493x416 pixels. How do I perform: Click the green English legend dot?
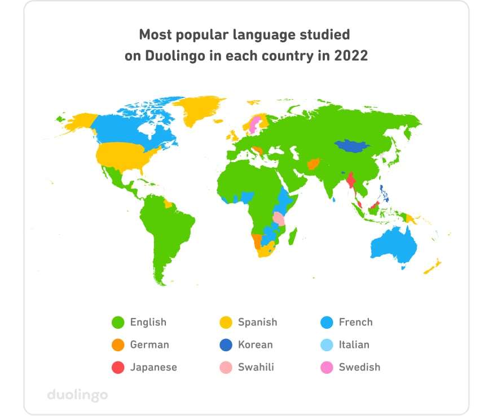coord(117,323)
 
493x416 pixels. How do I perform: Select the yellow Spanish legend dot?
coord(225,323)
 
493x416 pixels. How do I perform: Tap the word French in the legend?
coord(355,323)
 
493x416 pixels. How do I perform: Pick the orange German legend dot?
coord(117,345)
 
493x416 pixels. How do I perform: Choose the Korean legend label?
coord(255,345)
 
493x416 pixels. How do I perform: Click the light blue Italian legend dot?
coord(326,345)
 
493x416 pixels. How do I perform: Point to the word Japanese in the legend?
coord(153,367)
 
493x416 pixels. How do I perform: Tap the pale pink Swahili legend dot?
coord(225,367)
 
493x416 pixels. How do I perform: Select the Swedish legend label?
coord(359,367)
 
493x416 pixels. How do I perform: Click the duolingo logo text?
coord(77,395)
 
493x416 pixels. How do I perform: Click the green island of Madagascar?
coord(293,236)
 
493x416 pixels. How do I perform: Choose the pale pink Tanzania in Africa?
coord(278,218)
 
